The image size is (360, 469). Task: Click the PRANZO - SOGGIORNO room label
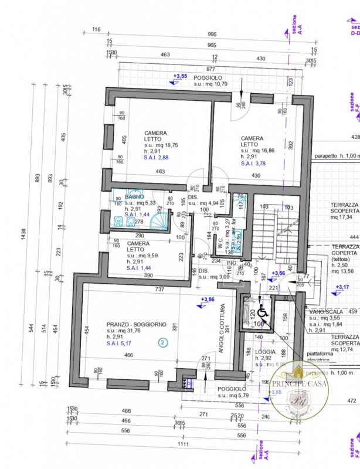137,324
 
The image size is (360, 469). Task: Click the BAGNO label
134,196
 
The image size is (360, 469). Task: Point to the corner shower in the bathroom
158,220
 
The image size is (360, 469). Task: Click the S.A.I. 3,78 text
253,164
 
